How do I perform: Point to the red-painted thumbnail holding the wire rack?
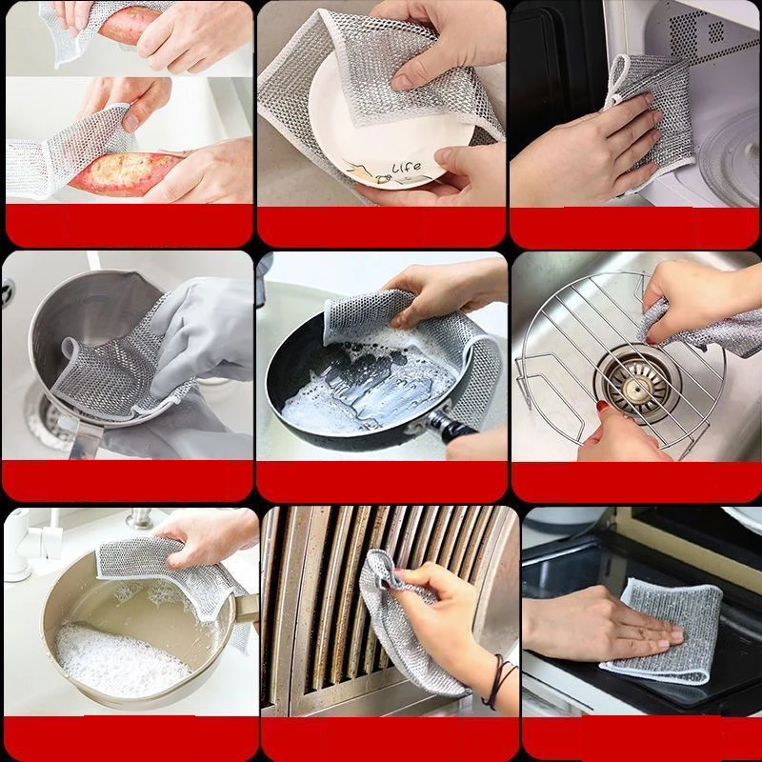pos(602,407)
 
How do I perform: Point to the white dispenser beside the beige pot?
pos(18,547)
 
